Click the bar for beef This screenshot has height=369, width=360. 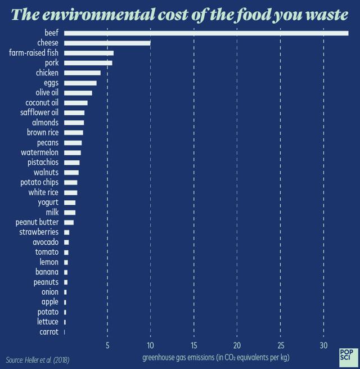tap(206, 33)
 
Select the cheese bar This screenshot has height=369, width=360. tap(107, 43)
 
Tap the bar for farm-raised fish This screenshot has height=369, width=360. tap(89, 53)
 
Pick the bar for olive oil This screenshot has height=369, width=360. tap(78, 93)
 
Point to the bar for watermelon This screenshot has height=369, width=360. tap(73, 152)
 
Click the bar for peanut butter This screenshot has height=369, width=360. tap(69, 222)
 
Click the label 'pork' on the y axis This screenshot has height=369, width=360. tap(52, 62)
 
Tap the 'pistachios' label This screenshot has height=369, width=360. tap(43, 163)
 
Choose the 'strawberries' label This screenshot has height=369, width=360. tap(39, 232)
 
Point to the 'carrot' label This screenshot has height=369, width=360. tap(49, 332)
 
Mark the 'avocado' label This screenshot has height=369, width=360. tap(46, 242)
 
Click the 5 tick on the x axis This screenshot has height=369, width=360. tap(107, 345)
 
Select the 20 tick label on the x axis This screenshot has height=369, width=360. tap(237, 345)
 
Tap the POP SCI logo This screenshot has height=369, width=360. tap(346, 355)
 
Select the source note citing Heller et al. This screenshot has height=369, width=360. tap(38, 359)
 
